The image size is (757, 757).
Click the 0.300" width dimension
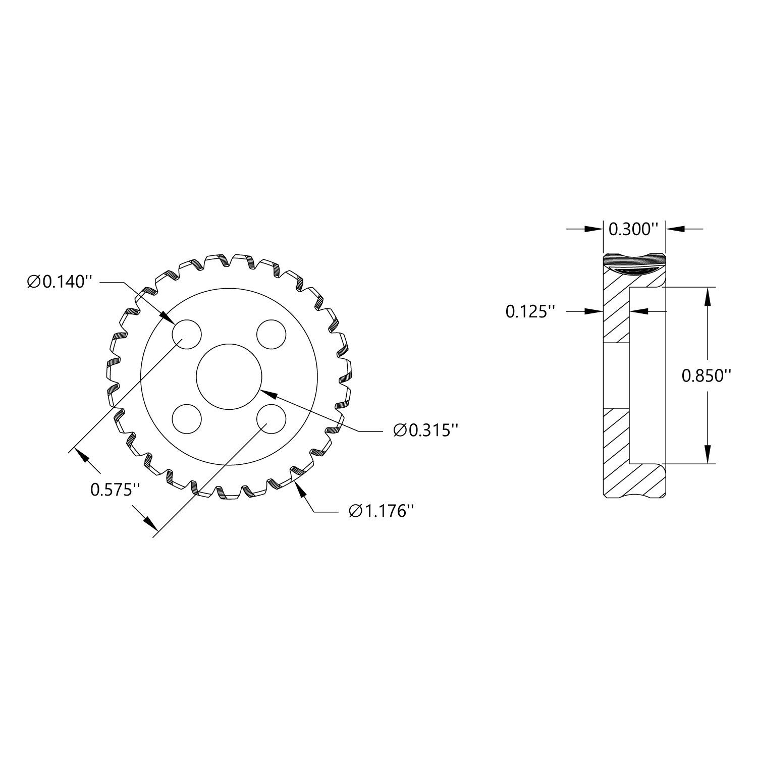[x=634, y=229]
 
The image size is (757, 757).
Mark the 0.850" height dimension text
[x=707, y=375]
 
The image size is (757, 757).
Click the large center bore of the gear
[x=229, y=376]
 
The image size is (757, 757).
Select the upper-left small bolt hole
[x=187, y=334]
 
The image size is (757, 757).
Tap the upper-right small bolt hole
[x=272, y=334]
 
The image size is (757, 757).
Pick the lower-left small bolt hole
[x=187, y=418]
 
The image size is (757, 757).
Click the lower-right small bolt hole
[x=272, y=418]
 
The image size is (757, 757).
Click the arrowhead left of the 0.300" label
[x=594, y=229]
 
